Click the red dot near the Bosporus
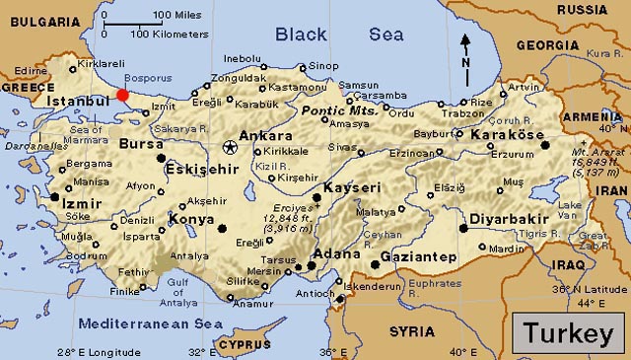[x=122, y=95]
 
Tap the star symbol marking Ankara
[x=230, y=147]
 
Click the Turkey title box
[x=568, y=333]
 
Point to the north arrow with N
[x=466, y=49]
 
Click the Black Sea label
[x=338, y=35]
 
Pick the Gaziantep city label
[x=424, y=257]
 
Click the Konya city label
[x=191, y=219]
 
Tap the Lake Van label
[x=569, y=208]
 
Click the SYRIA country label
[x=411, y=330]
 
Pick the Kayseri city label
[x=352, y=186]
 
